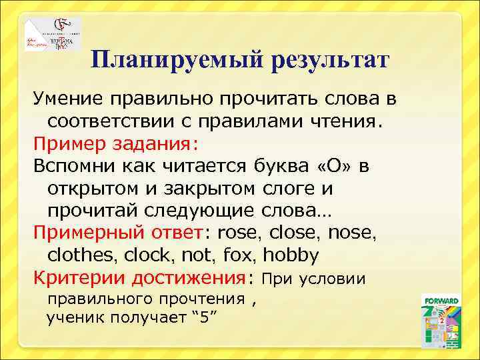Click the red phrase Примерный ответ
[x=117, y=233]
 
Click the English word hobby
[x=291, y=255]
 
